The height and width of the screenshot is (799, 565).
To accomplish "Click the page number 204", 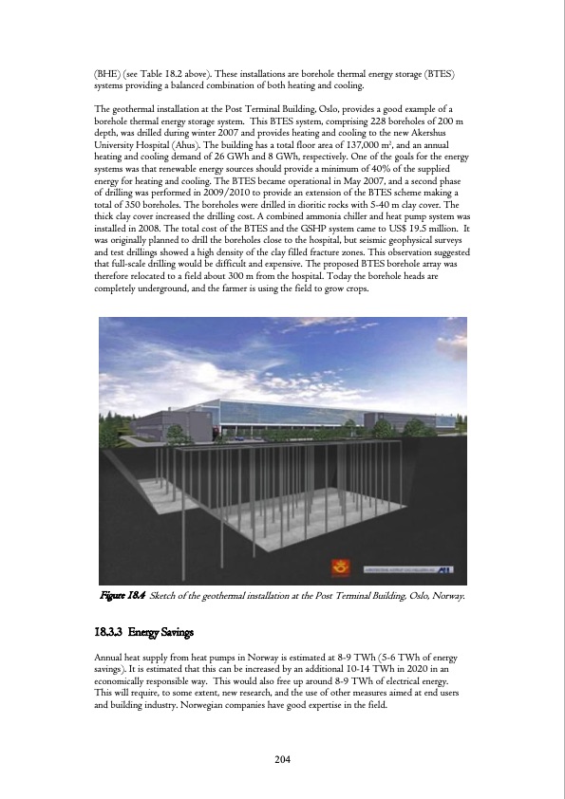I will [282, 759].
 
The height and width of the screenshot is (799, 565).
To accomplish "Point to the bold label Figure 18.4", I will [122, 595].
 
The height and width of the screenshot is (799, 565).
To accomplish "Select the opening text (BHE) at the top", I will [104, 74].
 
